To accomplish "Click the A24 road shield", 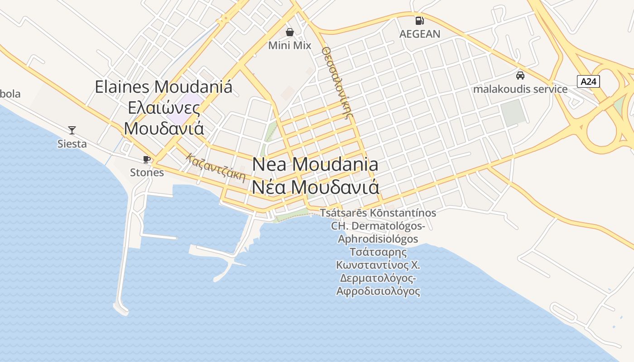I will (589, 81).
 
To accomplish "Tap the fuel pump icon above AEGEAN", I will (419, 20).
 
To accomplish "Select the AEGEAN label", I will (419, 34).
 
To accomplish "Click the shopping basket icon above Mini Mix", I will (290, 32).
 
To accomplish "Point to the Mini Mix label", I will (290, 46).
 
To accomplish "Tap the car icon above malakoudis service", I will (520, 75).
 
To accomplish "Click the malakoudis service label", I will (520, 89).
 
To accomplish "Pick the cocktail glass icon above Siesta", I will (72, 130).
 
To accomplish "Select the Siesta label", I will (72, 144).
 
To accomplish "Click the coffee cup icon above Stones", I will (146, 159).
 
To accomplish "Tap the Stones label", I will (147, 172).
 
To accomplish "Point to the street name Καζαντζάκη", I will (216, 167).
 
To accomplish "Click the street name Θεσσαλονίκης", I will (337, 81).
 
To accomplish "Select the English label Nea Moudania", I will (315, 164).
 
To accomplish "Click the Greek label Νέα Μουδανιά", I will (315, 186).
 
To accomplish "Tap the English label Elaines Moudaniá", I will (163, 86).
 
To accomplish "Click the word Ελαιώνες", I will (163, 108).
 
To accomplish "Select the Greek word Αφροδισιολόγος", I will (378, 291).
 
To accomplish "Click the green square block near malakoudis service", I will (514, 113).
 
